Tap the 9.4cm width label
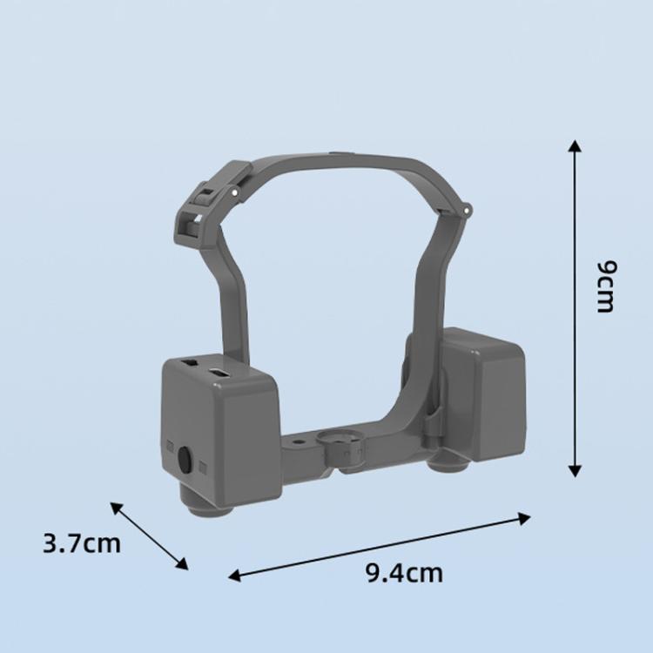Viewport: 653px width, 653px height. point(404,573)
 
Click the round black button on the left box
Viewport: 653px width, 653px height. point(185,460)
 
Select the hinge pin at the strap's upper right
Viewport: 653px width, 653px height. point(467,209)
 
